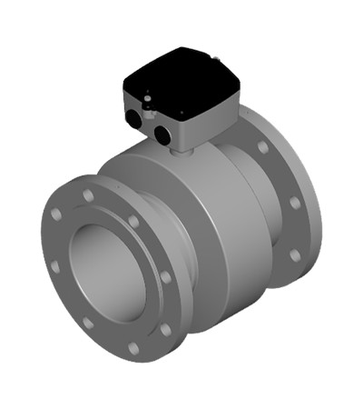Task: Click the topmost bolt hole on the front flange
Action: click(89, 195)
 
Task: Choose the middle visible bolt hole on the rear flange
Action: click(294, 203)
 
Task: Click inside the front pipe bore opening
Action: click(107, 273)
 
